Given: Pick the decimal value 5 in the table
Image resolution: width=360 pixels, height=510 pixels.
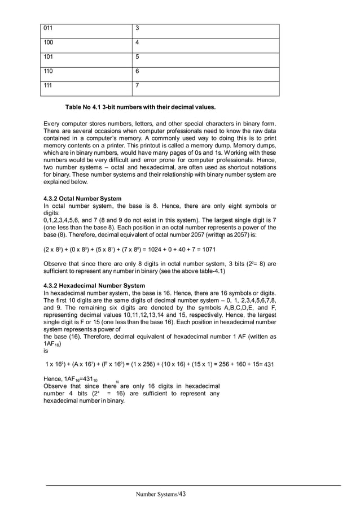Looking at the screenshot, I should point(138,56).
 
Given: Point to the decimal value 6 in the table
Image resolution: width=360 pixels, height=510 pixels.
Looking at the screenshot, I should point(138,71).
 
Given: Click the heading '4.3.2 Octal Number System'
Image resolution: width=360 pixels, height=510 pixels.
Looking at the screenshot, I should point(82,198).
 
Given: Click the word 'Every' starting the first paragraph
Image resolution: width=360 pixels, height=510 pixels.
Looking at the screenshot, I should point(52,124).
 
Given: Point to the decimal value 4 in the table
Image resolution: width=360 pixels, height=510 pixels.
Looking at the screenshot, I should point(138,42).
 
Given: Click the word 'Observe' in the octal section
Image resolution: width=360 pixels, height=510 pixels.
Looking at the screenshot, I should point(56,264).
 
